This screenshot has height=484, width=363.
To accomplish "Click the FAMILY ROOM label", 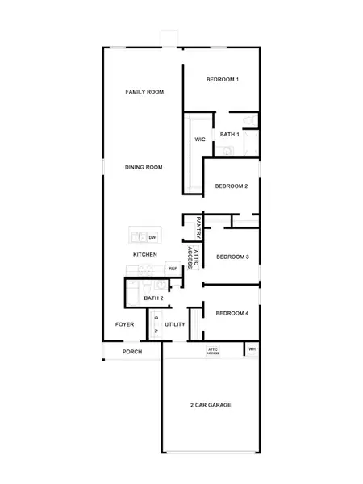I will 144,92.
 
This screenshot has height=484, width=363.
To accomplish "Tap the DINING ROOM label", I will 144,167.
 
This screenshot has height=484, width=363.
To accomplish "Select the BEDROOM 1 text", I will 222,79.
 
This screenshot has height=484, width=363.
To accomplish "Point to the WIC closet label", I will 200,140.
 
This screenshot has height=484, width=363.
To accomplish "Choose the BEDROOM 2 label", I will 231,186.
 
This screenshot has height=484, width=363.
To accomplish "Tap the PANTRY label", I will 198,227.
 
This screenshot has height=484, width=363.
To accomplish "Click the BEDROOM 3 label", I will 232,257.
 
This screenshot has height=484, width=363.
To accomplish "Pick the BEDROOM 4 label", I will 232,312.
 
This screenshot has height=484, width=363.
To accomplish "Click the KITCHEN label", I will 145,254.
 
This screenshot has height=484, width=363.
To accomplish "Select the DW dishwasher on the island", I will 152,237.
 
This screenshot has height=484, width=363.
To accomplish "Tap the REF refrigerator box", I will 173,269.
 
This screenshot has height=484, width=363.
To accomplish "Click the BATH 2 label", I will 154,298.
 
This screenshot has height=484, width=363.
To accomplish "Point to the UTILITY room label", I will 175,324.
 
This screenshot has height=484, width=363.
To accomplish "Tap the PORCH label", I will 131,352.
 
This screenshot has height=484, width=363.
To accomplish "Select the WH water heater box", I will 252,349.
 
